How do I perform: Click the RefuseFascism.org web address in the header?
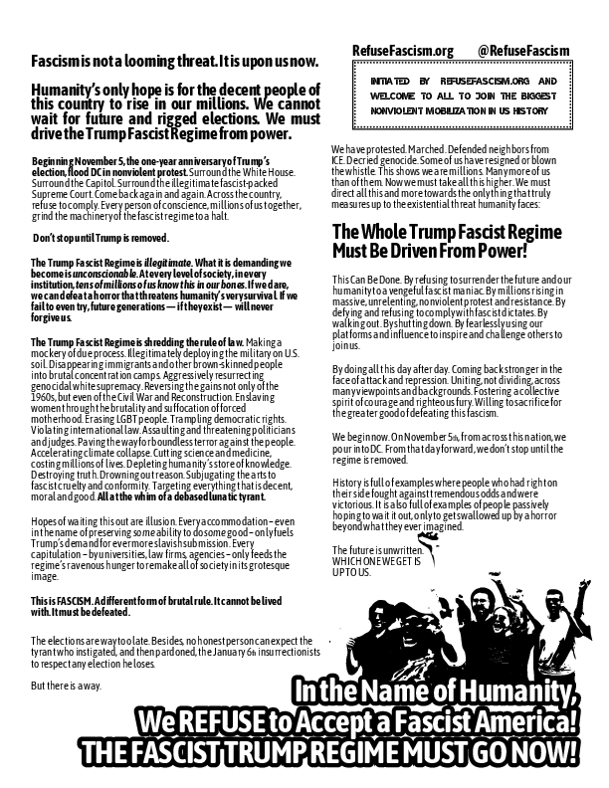click(402, 51)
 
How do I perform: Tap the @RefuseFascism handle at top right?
click(523, 51)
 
